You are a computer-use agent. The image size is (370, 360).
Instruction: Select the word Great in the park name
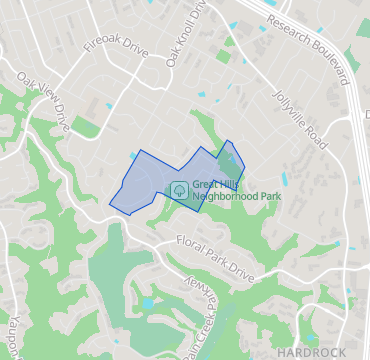207,184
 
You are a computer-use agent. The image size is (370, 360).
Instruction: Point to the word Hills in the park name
234,184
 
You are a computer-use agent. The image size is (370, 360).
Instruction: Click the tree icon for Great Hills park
180,189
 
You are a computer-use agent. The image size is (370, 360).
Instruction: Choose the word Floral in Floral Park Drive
189,242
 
